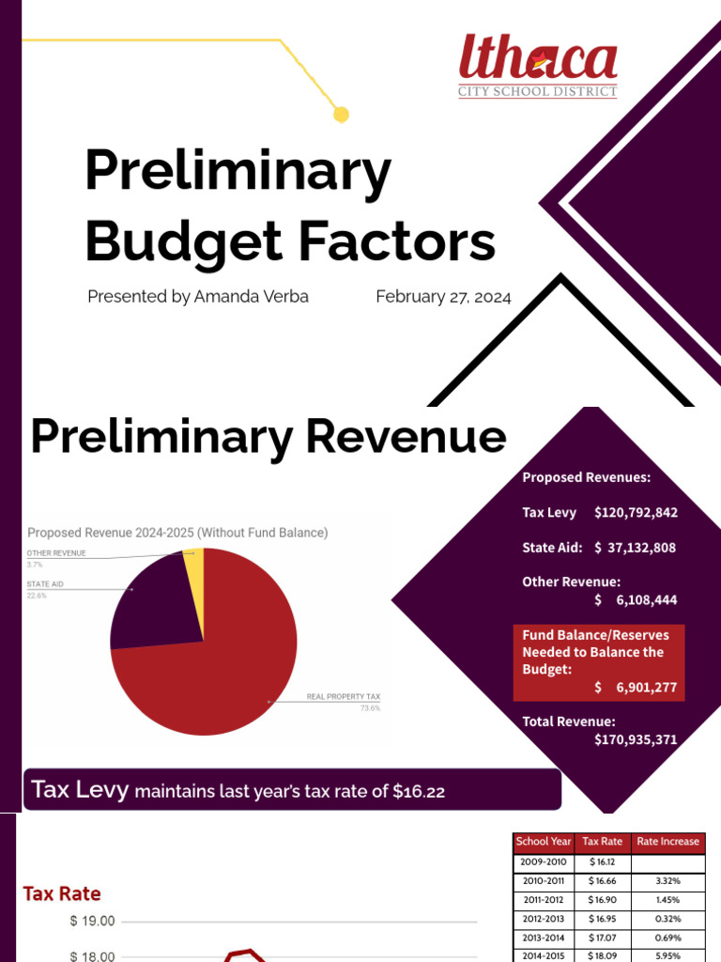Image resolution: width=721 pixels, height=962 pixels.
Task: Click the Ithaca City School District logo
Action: pyautogui.click(x=538, y=67)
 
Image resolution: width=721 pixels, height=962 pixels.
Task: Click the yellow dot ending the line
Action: pyautogui.click(x=342, y=115)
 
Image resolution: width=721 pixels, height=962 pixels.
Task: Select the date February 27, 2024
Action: pyautogui.click(x=443, y=297)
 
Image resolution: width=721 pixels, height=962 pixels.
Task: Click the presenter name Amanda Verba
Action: pyautogui.click(x=251, y=297)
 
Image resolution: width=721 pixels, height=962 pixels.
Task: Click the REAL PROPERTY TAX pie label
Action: pyautogui.click(x=344, y=697)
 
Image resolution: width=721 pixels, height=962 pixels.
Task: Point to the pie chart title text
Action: pyautogui.click(x=177, y=533)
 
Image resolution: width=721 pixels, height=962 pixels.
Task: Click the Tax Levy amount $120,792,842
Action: pyautogui.click(x=636, y=513)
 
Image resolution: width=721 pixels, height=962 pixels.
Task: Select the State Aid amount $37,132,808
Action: pyautogui.click(x=635, y=548)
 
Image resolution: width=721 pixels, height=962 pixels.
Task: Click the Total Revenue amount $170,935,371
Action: pyautogui.click(x=636, y=739)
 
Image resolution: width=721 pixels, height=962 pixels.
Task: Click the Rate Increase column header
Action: pyautogui.click(x=667, y=842)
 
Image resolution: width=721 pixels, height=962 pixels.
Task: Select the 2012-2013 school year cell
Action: pyautogui.click(x=543, y=919)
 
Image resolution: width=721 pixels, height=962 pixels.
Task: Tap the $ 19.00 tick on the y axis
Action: pyautogui.click(x=92, y=922)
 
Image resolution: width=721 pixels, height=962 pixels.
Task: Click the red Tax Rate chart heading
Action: pyautogui.click(x=62, y=893)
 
